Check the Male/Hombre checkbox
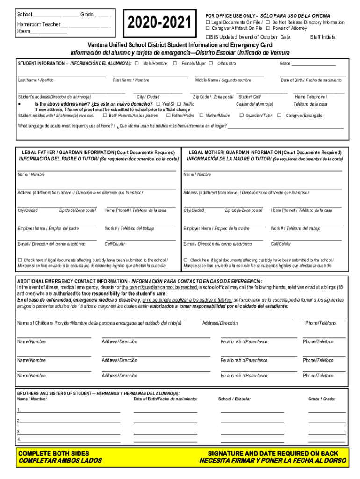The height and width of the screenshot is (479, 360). (x=137, y=63)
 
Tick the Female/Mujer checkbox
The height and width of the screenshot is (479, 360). (x=175, y=63)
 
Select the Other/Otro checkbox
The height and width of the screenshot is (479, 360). (x=211, y=63)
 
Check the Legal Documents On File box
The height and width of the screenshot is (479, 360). (x=208, y=22)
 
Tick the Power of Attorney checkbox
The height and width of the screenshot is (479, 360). (x=268, y=29)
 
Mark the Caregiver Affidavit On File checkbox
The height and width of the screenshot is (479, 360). (x=208, y=29)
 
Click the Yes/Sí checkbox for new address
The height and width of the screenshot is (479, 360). (x=158, y=104)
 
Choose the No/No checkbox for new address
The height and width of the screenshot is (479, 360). (x=179, y=104)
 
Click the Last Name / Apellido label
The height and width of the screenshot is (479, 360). (x=36, y=80)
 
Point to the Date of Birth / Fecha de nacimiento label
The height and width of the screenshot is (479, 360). (x=311, y=80)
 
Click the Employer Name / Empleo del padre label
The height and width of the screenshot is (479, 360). (x=48, y=229)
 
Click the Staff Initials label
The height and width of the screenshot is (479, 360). (x=323, y=37)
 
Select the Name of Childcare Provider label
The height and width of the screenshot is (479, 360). (x=99, y=323)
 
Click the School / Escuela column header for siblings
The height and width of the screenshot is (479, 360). (x=234, y=399)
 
